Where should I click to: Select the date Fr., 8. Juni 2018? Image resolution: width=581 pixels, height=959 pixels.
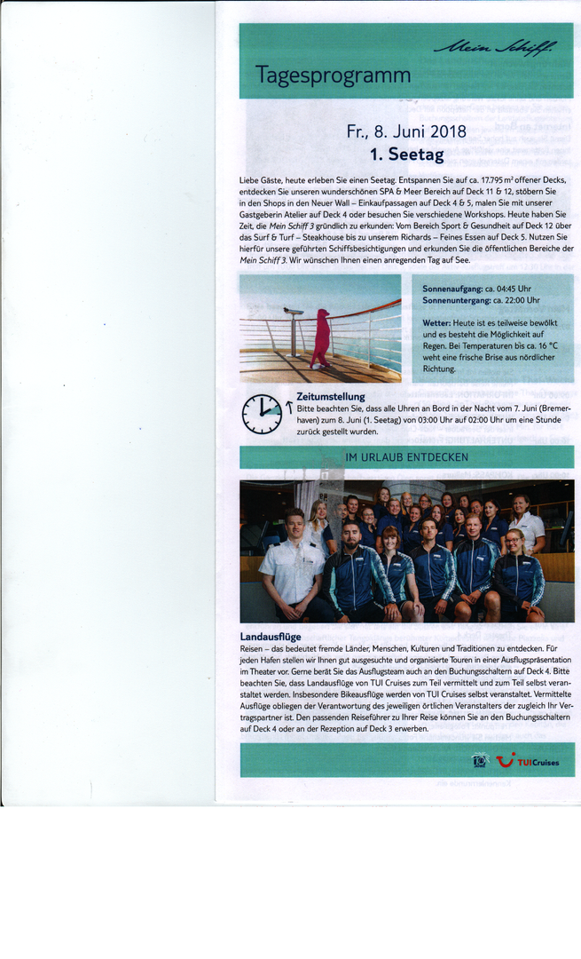[x=406, y=132]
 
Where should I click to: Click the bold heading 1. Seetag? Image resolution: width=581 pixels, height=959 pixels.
[x=406, y=155]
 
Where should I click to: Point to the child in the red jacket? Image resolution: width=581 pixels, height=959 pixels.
[x=320, y=337]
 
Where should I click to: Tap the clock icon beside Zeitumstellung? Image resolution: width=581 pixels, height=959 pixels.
[x=262, y=414]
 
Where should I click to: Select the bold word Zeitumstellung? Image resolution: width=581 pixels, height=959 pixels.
[x=330, y=396]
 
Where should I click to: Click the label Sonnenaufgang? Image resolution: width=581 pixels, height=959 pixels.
[x=452, y=289]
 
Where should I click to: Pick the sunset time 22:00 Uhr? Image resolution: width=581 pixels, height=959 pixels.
[x=513, y=300]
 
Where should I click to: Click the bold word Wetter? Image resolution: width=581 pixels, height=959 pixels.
[x=436, y=322]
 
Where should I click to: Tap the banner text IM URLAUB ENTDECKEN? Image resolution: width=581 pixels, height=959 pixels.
[x=406, y=457]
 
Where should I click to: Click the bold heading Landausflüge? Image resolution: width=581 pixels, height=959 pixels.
[x=270, y=637]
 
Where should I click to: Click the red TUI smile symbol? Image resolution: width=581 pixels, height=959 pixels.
[x=505, y=760]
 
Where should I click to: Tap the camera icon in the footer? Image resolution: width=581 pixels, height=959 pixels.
[x=480, y=761]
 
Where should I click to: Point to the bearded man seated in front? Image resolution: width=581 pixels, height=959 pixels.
[x=352, y=568]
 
